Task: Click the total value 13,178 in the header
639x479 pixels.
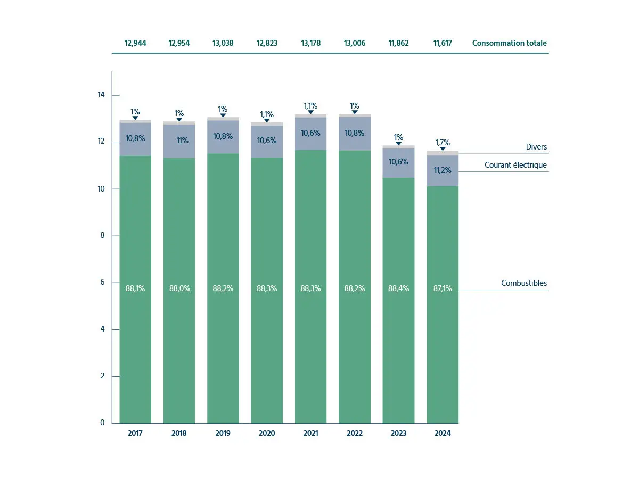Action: tap(310, 43)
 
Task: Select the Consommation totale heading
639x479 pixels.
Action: tap(509, 43)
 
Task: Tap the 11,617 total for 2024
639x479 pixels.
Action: tap(442, 43)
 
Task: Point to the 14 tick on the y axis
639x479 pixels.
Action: tap(101, 95)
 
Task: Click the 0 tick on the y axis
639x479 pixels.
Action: tap(101, 423)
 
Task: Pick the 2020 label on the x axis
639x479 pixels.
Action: tap(267, 433)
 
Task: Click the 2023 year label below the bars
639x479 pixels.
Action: tap(398, 433)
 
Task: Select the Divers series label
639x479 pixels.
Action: tap(536, 147)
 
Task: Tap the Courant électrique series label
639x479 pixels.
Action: tap(515, 165)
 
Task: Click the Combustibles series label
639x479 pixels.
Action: tap(524, 283)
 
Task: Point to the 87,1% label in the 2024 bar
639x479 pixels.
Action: tap(443, 288)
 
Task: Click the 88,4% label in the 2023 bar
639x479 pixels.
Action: tap(398, 288)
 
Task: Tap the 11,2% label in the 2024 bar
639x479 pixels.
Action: tap(443, 170)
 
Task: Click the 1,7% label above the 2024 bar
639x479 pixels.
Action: tap(443, 143)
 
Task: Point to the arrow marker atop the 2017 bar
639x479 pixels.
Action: tap(135, 118)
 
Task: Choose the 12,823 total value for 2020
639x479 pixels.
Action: tap(267, 43)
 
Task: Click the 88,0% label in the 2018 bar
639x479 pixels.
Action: tap(179, 288)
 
